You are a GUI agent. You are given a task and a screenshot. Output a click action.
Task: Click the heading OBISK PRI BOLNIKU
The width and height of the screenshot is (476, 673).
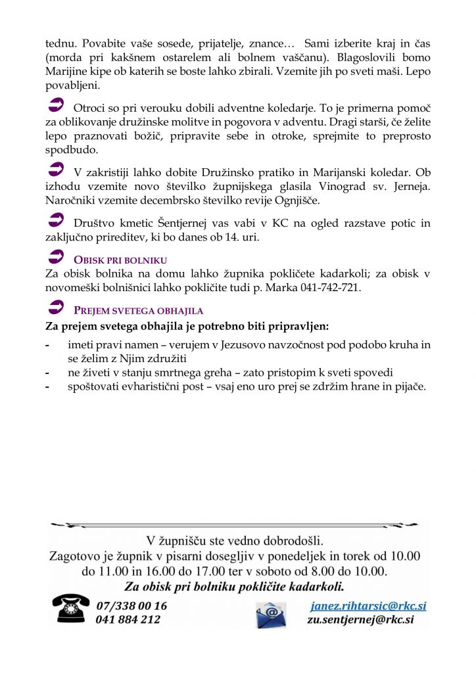(x=120, y=260)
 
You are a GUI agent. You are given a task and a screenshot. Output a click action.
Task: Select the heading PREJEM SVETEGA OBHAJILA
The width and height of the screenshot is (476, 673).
(x=138, y=311)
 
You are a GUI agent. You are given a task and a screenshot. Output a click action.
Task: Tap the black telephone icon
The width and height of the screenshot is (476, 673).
(x=71, y=609)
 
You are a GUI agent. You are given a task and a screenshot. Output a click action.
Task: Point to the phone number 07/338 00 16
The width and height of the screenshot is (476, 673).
(x=131, y=606)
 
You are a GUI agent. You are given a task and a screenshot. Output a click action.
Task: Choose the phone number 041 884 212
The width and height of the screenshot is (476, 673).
(x=128, y=620)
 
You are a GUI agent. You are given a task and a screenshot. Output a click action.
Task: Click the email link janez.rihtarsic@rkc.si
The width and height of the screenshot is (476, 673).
(x=368, y=606)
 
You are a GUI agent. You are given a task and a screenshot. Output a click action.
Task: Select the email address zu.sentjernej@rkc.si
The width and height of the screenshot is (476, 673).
(x=360, y=620)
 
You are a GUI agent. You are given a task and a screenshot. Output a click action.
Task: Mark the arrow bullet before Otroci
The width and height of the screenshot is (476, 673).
(x=57, y=103)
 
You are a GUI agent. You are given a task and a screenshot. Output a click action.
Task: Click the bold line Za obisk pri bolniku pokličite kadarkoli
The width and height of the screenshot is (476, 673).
(x=234, y=586)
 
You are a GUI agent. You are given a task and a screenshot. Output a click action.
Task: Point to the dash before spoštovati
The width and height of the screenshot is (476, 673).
(x=47, y=386)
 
